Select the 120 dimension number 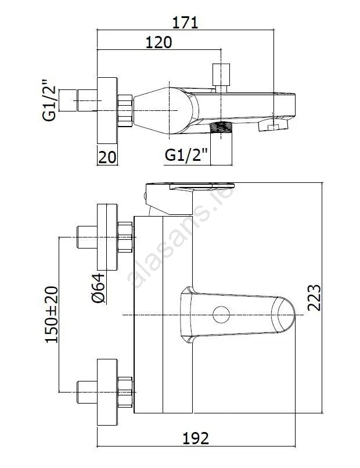pos(158,43)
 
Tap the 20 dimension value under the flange pos(107,156)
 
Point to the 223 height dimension pos(314,297)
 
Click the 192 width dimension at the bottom pos(196,437)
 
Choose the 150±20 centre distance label pos(53,314)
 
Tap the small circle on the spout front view pos(221,315)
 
